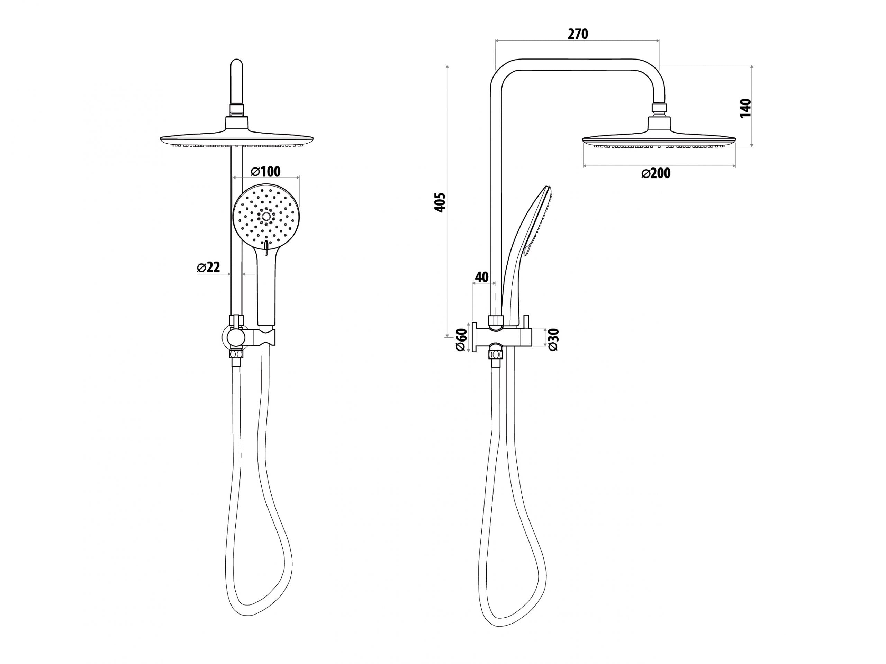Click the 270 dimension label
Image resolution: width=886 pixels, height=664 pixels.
[x=578, y=35]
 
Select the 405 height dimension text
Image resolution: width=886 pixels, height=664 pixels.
[x=440, y=202]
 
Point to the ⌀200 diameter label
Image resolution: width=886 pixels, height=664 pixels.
[x=656, y=173]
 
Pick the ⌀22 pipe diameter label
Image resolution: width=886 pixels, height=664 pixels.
[x=209, y=267]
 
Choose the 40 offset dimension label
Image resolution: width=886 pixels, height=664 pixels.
[x=482, y=277]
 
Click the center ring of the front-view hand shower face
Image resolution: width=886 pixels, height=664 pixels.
[x=266, y=217]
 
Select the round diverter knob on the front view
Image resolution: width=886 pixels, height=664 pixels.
[x=236, y=338]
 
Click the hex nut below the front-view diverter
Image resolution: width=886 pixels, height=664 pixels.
[x=236, y=354]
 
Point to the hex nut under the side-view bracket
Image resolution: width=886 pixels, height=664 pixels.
[x=496, y=354]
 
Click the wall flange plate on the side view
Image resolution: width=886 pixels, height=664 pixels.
[x=474, y=337]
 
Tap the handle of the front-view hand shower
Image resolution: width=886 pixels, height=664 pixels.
[x=265, y=292]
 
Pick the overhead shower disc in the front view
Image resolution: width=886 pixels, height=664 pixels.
[x=236, y=138]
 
